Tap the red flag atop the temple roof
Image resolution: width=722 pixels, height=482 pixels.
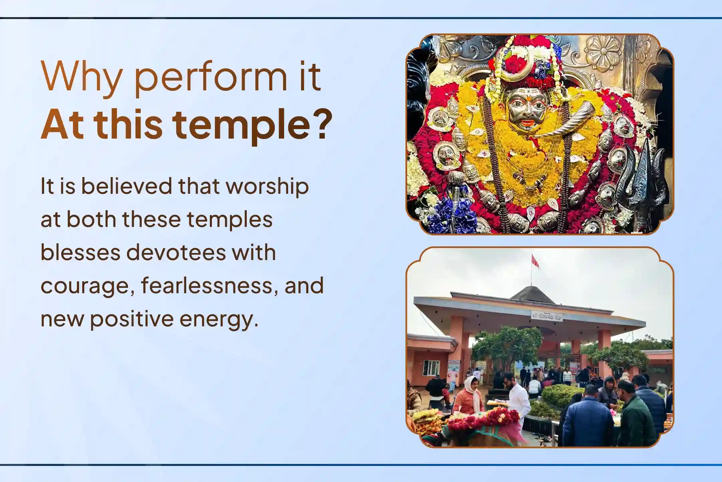535,261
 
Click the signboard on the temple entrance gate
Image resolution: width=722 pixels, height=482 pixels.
547,316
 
